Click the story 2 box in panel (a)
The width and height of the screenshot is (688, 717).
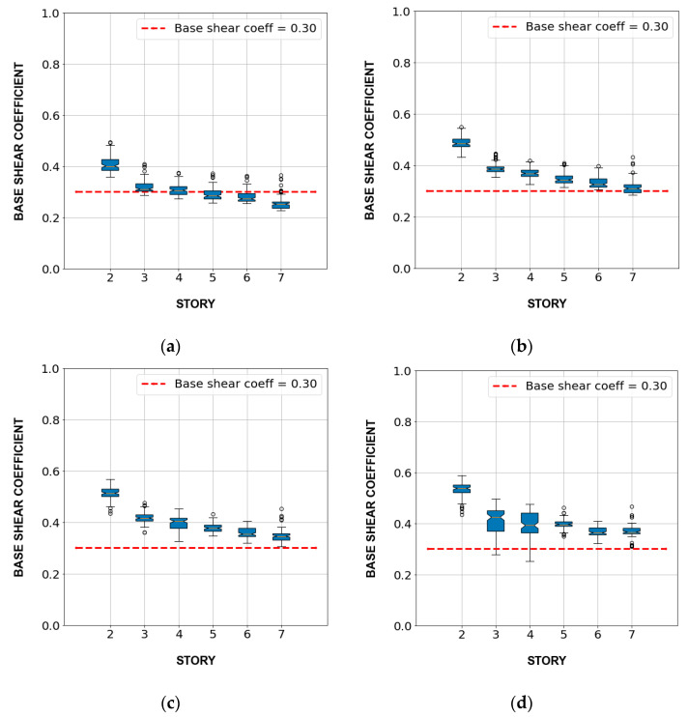pos(110,164)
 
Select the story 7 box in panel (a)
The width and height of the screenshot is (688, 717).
pos(281,205)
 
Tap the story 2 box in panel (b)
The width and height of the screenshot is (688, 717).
pos(461,143)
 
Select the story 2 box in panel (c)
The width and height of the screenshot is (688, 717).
pos(110,493)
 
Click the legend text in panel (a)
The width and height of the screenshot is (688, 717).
pos(245,28)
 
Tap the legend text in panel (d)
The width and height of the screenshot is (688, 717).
pos(596,386)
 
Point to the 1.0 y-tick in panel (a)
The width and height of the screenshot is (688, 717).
pos(47,14)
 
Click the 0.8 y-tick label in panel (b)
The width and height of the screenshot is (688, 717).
pos(398,63)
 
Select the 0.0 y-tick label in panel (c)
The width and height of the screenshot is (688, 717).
pos(47,625)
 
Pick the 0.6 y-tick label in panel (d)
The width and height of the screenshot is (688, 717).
pos(399,473)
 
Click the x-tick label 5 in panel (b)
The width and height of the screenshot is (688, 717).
pos(563,278)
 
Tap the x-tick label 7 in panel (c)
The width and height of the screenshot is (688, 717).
pos(281,633)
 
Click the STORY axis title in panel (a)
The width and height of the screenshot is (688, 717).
pos(195,304)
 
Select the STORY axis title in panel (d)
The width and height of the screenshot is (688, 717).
pos(547,662)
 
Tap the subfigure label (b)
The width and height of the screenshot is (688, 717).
pos(523,346)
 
